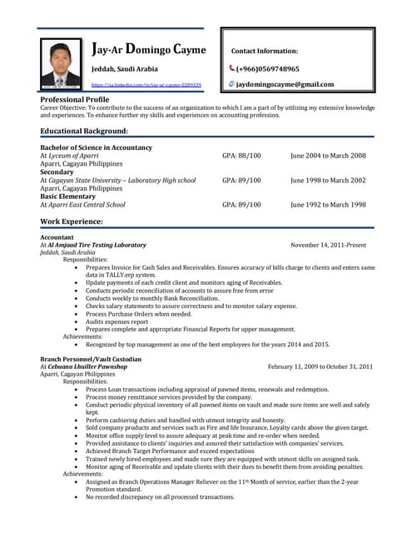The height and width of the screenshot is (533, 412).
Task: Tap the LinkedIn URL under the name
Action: click(146, 85)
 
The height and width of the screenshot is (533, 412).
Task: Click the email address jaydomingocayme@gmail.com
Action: click(285, 84)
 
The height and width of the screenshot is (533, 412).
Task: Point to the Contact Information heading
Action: click(264, 51)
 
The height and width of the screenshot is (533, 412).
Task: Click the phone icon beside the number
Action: click(232, 68)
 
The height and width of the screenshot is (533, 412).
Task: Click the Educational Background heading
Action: click(84, 132)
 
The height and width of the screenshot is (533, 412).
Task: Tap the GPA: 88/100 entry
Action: click(241, 156)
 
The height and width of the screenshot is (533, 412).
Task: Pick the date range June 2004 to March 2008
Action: click(328, 156)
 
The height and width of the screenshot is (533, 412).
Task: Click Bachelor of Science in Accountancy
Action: click(96, 147)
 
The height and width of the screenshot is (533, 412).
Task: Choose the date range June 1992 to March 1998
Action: click(328, 204)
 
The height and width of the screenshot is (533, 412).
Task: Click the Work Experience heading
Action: click(72, 222)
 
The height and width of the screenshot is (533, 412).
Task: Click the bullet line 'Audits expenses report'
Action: click(117, 321)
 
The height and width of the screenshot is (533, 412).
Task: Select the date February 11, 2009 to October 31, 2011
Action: click(320, 366)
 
